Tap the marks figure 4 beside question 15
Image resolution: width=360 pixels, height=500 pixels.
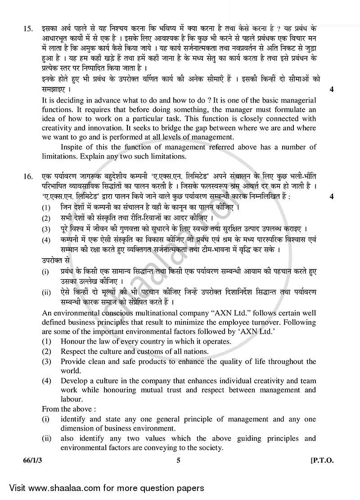[x=332, y=89]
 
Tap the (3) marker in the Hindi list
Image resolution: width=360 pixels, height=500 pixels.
[x=46, y=229]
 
